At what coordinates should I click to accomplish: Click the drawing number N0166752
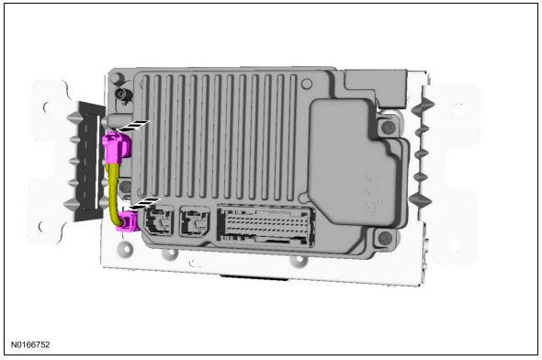pyautogui.click(x=30, y=344)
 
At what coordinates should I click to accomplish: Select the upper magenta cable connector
pyautogui.click(x=117, y=148)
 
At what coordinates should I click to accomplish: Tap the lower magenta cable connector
pyautogui.click(x=128, y=222)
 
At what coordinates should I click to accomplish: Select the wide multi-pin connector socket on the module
pyautogui.click(x=265, y=226)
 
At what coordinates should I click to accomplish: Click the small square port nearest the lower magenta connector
pyautogui.click(x=159, y=220)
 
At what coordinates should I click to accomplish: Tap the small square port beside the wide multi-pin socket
pyautogui.click(x=195, y=221)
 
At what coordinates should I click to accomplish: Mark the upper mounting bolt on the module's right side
pyautogui.click(x=388, y=127)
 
